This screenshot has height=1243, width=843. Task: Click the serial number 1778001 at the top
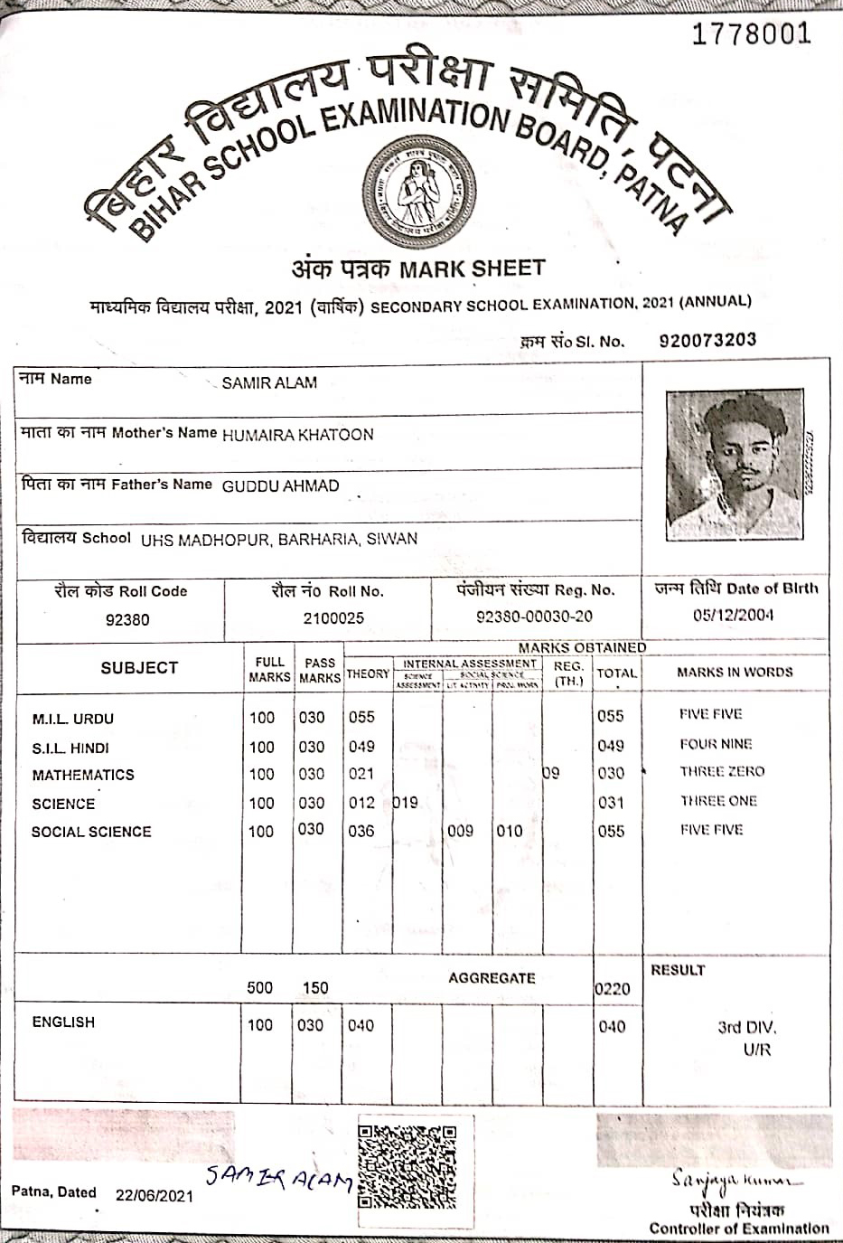click(751, 34)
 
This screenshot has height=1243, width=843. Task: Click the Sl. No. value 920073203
click(707, 341)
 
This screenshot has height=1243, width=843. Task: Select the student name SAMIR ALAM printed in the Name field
click(269, 383)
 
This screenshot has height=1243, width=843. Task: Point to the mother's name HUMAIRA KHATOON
click(297, 435)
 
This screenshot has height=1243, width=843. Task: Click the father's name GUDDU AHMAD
click(280, 486)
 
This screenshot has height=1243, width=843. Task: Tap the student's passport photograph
click(734, 465)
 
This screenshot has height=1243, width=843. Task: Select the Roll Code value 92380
click(127, 620)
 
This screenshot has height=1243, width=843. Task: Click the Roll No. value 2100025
click(333, 618)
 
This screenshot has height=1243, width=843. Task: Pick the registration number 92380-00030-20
click(534, 617)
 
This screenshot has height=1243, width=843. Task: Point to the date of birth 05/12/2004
click(733, 616)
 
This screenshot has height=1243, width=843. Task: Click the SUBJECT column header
click(139, 668)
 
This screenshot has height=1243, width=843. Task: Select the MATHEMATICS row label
click(83, 776)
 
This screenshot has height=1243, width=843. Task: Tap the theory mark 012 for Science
click(361, 803)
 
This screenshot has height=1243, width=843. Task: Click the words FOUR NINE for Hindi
click(716, 744)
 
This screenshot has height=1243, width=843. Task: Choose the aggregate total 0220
click(613, 989)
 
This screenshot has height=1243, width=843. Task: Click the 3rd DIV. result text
click(746, 1028)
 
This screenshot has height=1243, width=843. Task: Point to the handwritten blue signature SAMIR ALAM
click(277, 1178)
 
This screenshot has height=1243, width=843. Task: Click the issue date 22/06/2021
click(155, 1195)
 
